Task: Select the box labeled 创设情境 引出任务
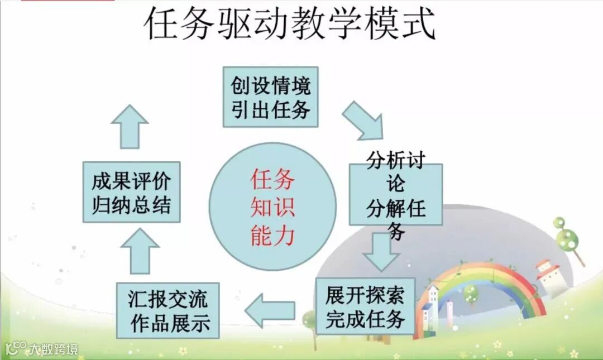(x=270, y=97)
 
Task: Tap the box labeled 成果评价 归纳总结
(x=131, y=192)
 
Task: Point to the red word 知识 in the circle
(x=272, y=208)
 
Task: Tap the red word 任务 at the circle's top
(x=272, y=180)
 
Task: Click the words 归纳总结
(x=131, y=205)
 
